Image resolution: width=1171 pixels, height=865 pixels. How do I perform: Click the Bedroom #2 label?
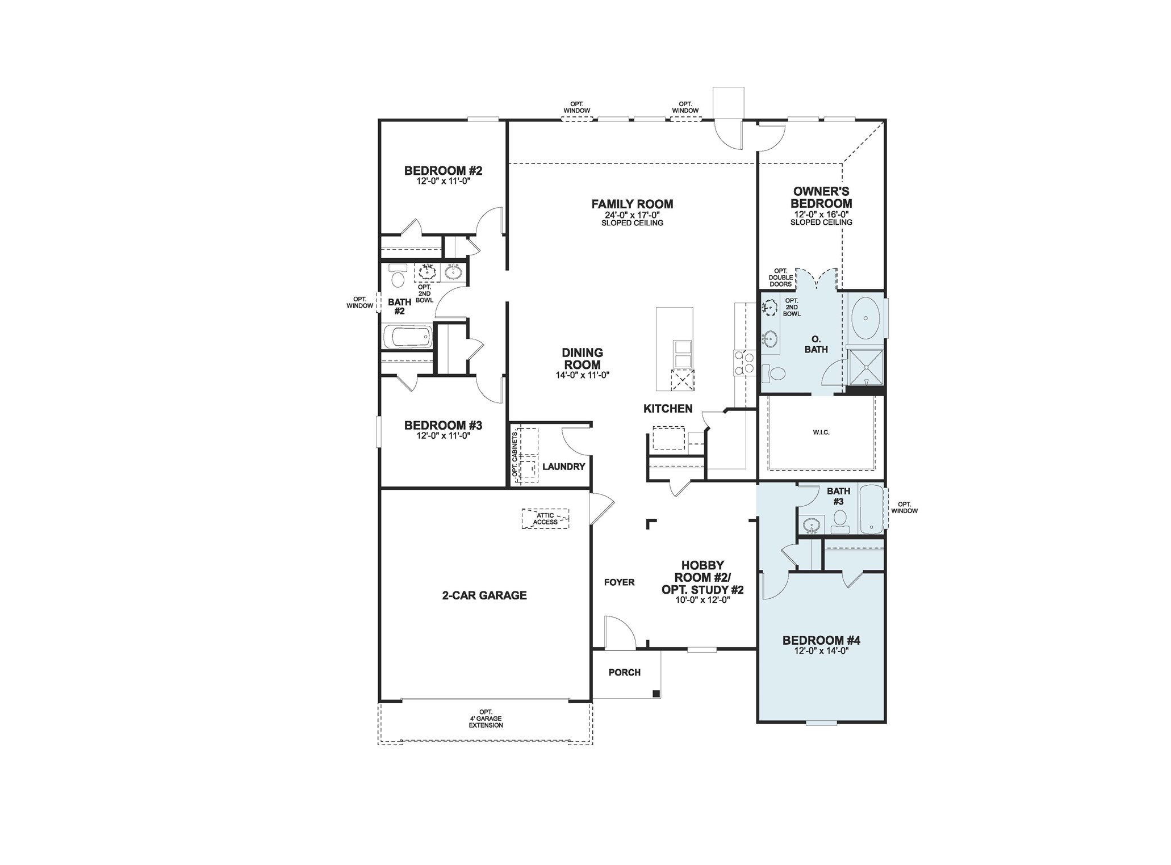443,170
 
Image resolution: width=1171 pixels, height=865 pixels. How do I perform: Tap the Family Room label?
632,204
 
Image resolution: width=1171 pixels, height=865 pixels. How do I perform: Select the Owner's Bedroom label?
821,198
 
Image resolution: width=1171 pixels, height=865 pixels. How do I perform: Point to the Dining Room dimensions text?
583,375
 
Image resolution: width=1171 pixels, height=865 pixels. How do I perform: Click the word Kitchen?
668,409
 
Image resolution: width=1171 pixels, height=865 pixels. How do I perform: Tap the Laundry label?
563,467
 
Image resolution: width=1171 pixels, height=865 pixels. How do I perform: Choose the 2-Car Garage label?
484,595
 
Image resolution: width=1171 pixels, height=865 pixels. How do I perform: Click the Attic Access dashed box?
545,519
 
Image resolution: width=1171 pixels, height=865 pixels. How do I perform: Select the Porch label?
625,673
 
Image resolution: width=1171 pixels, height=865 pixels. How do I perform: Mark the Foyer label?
619,582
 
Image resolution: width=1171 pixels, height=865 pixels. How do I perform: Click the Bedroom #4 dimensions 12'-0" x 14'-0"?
821,651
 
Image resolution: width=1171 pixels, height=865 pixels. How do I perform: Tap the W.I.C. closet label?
821,432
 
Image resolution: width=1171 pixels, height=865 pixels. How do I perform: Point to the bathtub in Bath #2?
407,338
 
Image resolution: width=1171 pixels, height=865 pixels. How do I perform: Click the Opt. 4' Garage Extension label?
486,719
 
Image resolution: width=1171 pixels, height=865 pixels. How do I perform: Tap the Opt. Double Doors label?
780,278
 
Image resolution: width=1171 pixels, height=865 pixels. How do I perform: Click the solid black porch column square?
656,693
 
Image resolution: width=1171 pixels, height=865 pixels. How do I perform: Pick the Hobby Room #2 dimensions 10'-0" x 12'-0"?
702,600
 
